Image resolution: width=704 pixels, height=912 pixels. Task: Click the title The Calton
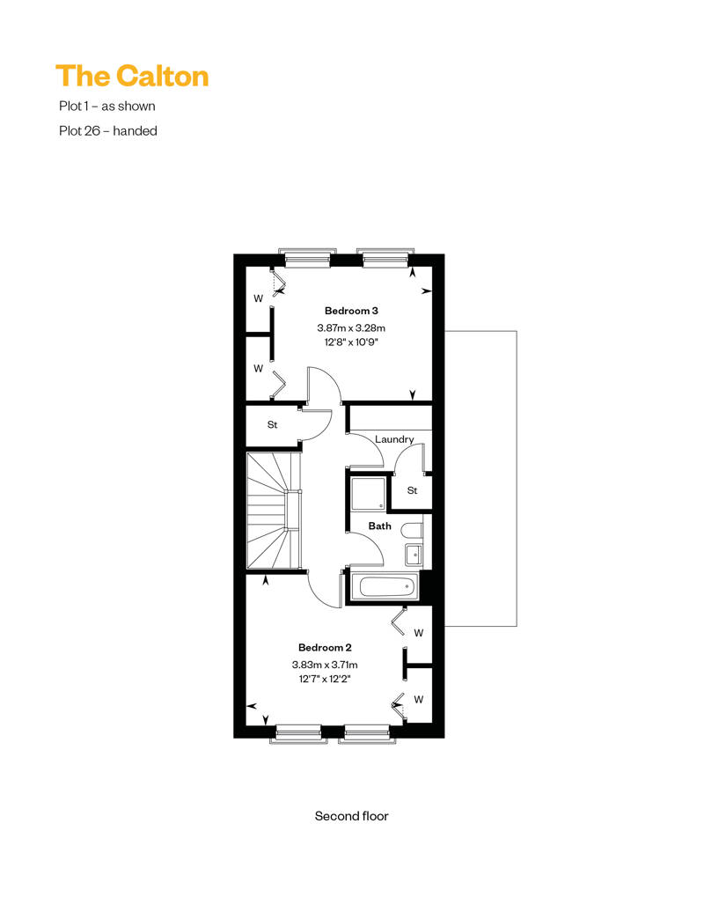[132, 77]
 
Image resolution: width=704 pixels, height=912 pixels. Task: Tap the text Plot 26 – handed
[108, 131]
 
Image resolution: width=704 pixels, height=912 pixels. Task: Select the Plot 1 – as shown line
[107, 106]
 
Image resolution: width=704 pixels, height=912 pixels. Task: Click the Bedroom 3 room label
[351, 311]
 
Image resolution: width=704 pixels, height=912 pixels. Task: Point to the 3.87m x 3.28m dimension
[351, 328]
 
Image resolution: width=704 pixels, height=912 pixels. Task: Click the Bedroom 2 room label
[325, 647]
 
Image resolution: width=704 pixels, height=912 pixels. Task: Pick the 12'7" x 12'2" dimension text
[325, 679]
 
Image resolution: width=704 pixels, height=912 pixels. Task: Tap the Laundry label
[394, 439]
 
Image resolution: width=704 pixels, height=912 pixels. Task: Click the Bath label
[379, 526]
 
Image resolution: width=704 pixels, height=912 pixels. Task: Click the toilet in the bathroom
[412, 531]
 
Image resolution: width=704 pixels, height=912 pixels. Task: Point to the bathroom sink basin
[414, 555]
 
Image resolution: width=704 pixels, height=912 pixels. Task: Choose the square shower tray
[368, 495]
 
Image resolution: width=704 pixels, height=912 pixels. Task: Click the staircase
[274, 511]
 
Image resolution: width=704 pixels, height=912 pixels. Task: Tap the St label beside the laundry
[412, 490]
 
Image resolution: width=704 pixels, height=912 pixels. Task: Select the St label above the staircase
[272, 424]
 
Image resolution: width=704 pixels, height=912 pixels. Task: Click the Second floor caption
[352, 816]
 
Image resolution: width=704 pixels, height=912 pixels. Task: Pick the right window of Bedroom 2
[367, 734]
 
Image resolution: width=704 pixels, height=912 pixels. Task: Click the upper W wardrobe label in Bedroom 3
[258, 298]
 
